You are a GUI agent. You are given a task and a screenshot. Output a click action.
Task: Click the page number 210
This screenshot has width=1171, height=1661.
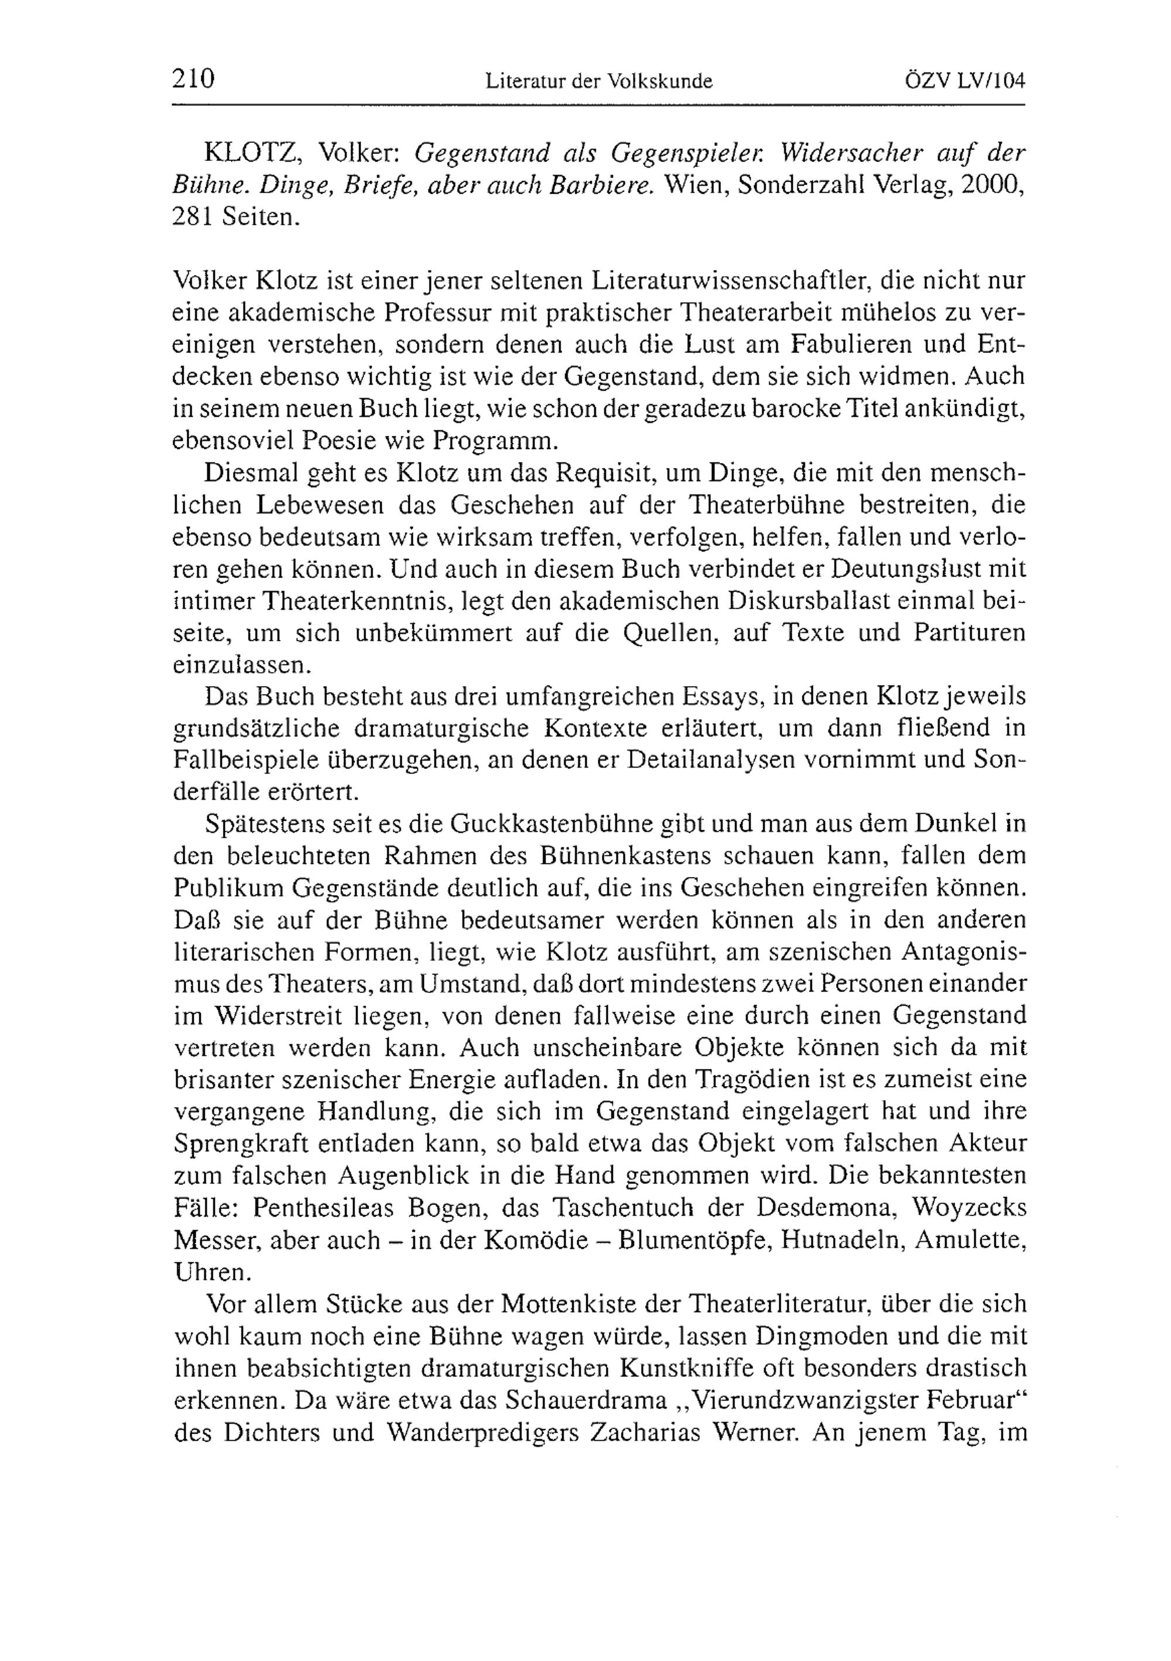click(x=194, y=78)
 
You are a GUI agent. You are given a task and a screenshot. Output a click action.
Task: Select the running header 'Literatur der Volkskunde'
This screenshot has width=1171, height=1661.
click(x=599, y=82)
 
